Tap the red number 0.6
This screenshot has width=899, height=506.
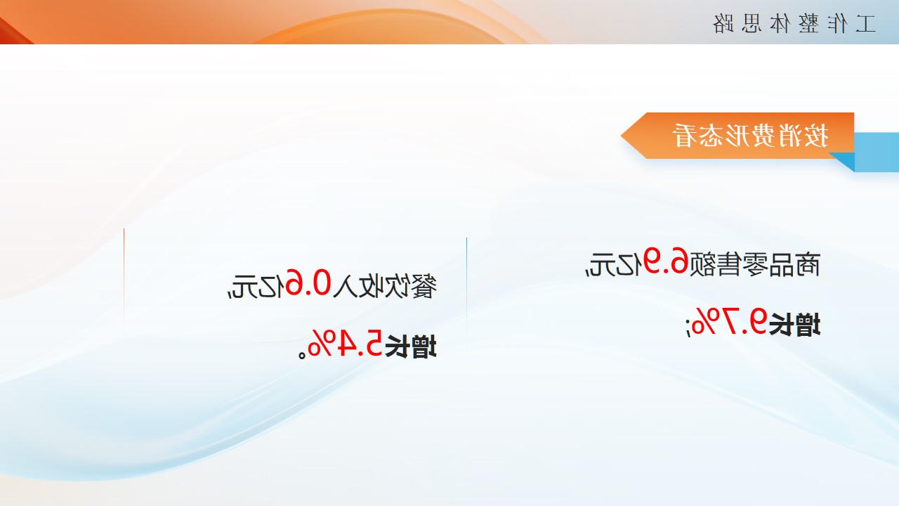point(308,283)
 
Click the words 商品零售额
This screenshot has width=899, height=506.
point(754,265)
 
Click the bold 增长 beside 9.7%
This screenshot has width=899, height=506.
point(794,324)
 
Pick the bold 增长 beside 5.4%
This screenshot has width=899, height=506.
point(411,346)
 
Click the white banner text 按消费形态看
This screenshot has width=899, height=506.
point(750,136)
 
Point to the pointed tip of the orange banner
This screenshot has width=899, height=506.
point(622,136)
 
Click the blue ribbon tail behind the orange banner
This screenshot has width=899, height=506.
point(877,152)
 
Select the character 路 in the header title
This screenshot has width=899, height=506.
point(723,24)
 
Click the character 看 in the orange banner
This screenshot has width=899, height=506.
point(685,136)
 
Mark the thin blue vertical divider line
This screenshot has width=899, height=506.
point(466,286)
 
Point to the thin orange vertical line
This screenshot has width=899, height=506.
point(124,281)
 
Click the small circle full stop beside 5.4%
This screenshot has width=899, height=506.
point(302,355)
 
